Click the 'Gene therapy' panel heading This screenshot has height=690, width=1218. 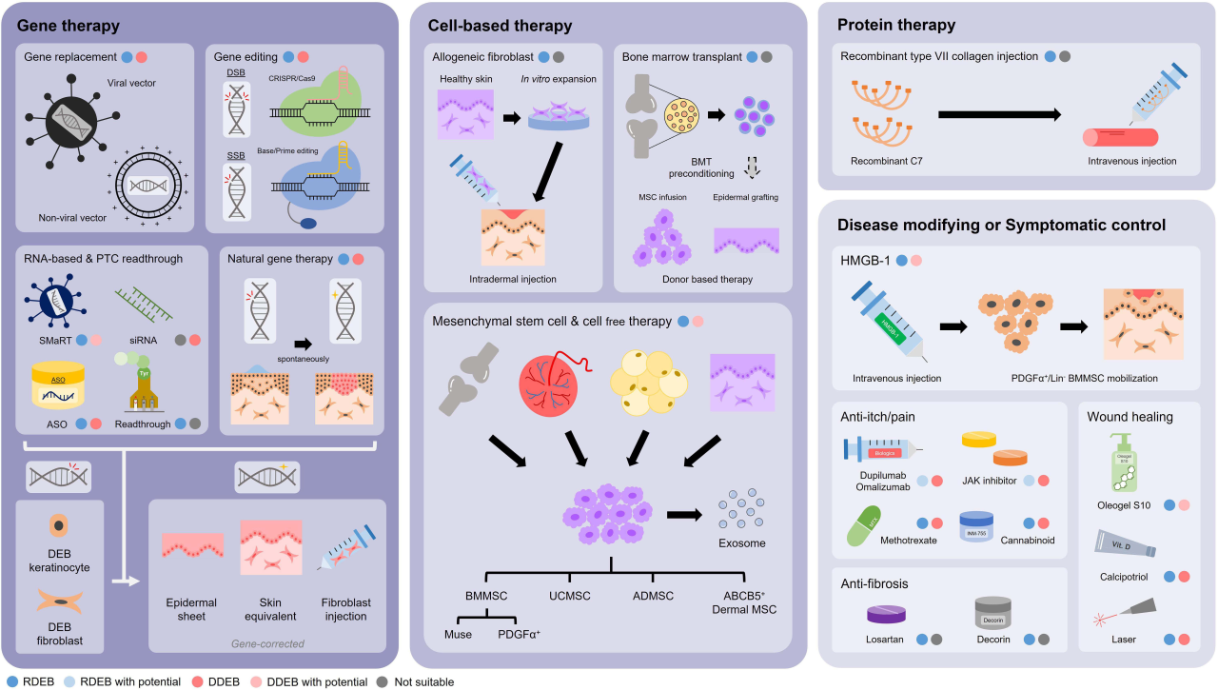coord(62,25)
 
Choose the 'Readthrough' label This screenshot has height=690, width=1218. coord(144,424)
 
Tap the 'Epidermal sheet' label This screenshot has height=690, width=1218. coord(192,609)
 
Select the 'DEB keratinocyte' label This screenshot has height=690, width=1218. coord(59,562)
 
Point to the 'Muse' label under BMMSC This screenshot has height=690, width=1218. coord(460,634)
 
